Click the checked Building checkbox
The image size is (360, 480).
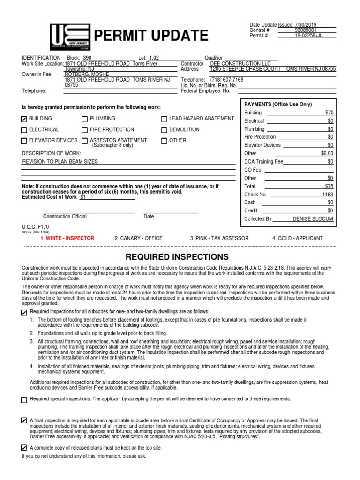[x=24, y=119]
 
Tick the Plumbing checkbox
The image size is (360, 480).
[x=85, y=119]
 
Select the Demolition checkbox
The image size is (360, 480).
[x=164, y=130]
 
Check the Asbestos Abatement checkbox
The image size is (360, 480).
[x=85, y=141]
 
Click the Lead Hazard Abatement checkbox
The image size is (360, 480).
[x=164, y=119]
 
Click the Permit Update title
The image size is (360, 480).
[x=151, y=36]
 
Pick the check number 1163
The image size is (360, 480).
[x=327, y=194]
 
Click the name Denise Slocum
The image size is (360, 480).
[x=313, y=218]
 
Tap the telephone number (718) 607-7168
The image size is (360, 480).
[x=227, y=80]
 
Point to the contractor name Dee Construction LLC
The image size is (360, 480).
[x=240, y=63]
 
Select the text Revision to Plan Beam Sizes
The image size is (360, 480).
[x=60, y=161]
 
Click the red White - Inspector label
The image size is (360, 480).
[x=67, y=238]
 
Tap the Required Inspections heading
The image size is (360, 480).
[x=177, y=257]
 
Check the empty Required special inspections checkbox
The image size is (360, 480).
[x=24, y=400]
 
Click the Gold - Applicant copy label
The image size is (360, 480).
[x=297, y=238]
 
